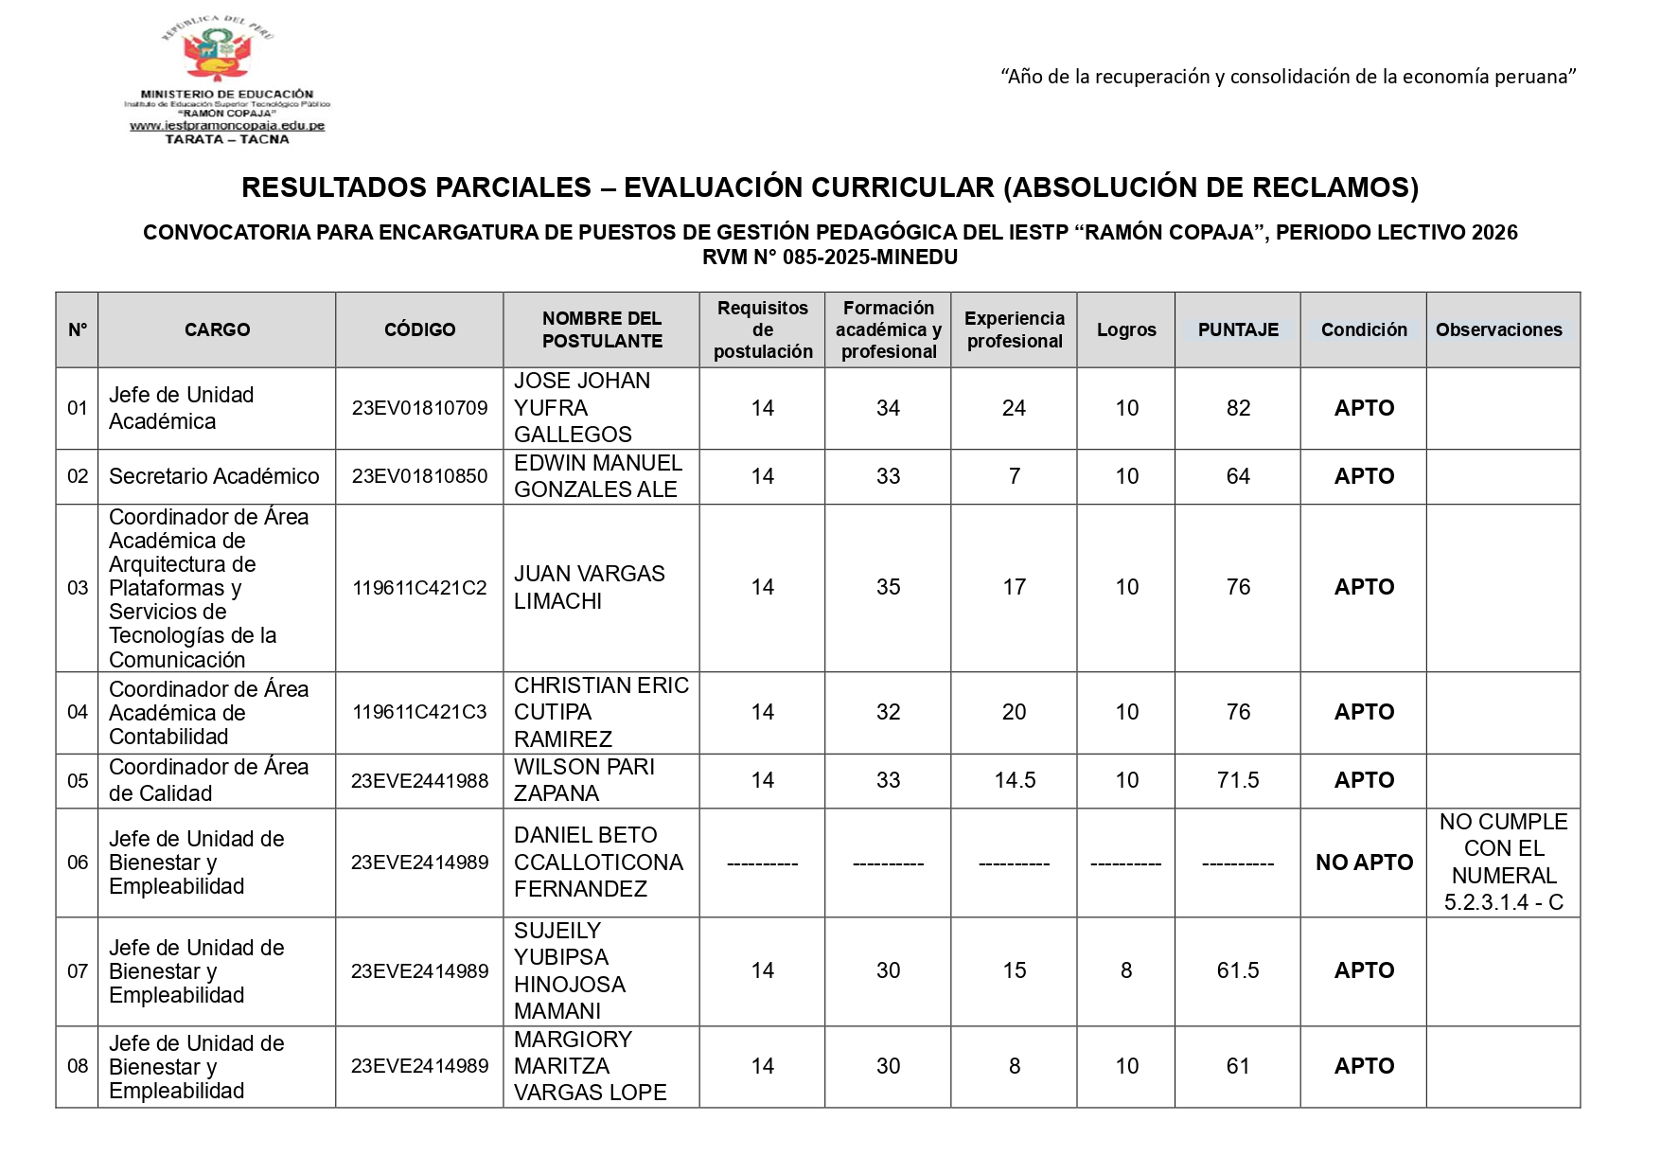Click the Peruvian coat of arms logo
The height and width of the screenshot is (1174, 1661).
click(218, 52)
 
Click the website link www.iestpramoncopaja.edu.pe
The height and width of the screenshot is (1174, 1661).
click(227, 126)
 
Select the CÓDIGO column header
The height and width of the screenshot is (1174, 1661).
click(419, 329)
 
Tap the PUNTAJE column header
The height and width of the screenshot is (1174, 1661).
click(1238, 329)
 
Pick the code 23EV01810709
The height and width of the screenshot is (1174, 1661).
click(419, 408)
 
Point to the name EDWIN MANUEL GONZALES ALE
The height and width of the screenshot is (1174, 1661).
click(597, 476)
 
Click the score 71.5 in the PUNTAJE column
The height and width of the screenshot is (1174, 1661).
click(1238, 780)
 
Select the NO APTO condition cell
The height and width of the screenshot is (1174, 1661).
click(1364, 863)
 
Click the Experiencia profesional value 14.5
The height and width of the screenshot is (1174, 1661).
click(1015, 780)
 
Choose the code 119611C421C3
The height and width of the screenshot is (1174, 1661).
click(419, 712)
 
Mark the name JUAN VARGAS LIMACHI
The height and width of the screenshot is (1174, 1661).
click(589, 587)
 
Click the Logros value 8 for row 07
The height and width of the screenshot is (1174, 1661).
click(1126, 970)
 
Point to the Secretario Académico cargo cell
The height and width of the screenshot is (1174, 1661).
click(214, 476)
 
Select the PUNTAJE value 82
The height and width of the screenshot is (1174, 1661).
click(1238, 408)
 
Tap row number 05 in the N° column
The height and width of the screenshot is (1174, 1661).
click(78, 781)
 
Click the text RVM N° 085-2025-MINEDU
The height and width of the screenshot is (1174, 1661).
click(829, 257)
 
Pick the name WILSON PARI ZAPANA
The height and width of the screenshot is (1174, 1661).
click(584, 780)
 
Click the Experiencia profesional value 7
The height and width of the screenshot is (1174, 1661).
click(1015, 476)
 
